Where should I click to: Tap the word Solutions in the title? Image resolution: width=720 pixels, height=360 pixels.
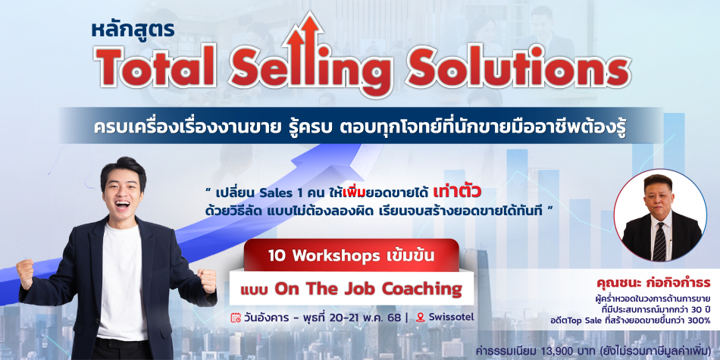(x=518, y=67)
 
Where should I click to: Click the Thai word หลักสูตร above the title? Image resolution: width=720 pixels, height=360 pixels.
(x=133, y=30)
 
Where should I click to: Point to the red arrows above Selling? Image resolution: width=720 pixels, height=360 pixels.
(x=303, y=36)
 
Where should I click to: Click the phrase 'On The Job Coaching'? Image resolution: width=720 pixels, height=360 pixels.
(x=368, y=290)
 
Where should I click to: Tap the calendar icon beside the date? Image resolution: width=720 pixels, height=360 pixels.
(x=236, y=318)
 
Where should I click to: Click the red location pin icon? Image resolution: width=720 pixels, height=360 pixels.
(x=420, y=318)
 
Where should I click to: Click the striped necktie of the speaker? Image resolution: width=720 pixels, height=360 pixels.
(x=659, y=241)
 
